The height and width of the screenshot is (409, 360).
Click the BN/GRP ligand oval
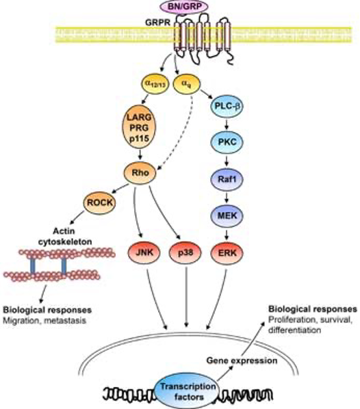185,6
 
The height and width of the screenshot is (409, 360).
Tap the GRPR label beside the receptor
157,23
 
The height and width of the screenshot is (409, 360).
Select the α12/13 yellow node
155,84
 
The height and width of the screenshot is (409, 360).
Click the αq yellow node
186,84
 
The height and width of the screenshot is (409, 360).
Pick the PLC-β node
227,106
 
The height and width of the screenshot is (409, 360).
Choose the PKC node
227,142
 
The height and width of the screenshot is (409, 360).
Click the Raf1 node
227,179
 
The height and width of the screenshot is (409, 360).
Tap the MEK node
227,215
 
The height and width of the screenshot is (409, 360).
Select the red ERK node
227,253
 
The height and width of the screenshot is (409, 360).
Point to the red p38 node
185,253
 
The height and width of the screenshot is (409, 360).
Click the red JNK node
144,253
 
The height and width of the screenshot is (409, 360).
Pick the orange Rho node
140,172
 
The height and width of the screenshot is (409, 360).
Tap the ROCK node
99,202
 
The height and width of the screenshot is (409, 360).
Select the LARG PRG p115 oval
139,127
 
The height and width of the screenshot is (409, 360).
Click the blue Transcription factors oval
188,392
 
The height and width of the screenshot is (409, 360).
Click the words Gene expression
242,360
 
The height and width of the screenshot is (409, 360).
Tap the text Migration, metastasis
44,321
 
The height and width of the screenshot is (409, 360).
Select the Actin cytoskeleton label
65,237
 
